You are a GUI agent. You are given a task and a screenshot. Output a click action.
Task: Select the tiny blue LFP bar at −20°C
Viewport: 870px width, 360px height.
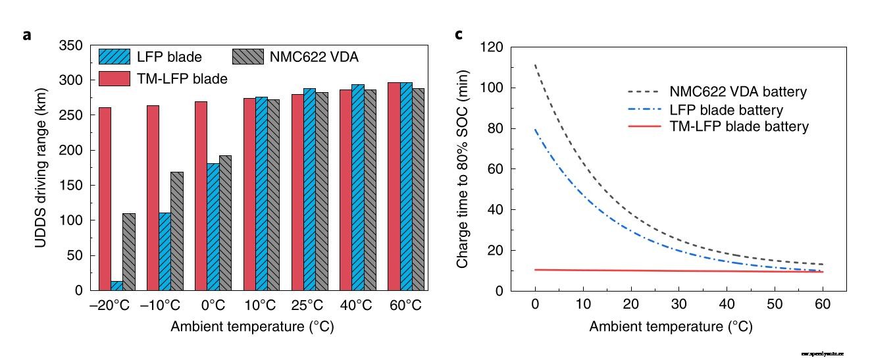116,286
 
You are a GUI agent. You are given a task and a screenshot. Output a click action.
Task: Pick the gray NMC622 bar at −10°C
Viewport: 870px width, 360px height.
177,231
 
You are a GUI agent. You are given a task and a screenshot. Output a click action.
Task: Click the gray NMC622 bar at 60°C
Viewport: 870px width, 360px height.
418,240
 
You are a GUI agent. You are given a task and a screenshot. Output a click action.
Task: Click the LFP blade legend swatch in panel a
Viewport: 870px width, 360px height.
113,56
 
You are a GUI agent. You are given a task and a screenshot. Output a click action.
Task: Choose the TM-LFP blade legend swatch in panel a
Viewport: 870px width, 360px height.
113,78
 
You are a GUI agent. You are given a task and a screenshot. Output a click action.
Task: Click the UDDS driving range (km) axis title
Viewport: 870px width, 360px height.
41,168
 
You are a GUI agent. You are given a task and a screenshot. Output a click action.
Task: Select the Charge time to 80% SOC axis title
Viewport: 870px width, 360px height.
463,169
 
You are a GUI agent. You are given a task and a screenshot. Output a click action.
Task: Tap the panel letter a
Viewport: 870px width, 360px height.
26,35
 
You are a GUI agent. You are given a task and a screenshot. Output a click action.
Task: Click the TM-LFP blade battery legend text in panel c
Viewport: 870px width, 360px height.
739,126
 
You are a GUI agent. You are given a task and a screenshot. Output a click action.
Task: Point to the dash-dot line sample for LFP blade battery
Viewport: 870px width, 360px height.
644,109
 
